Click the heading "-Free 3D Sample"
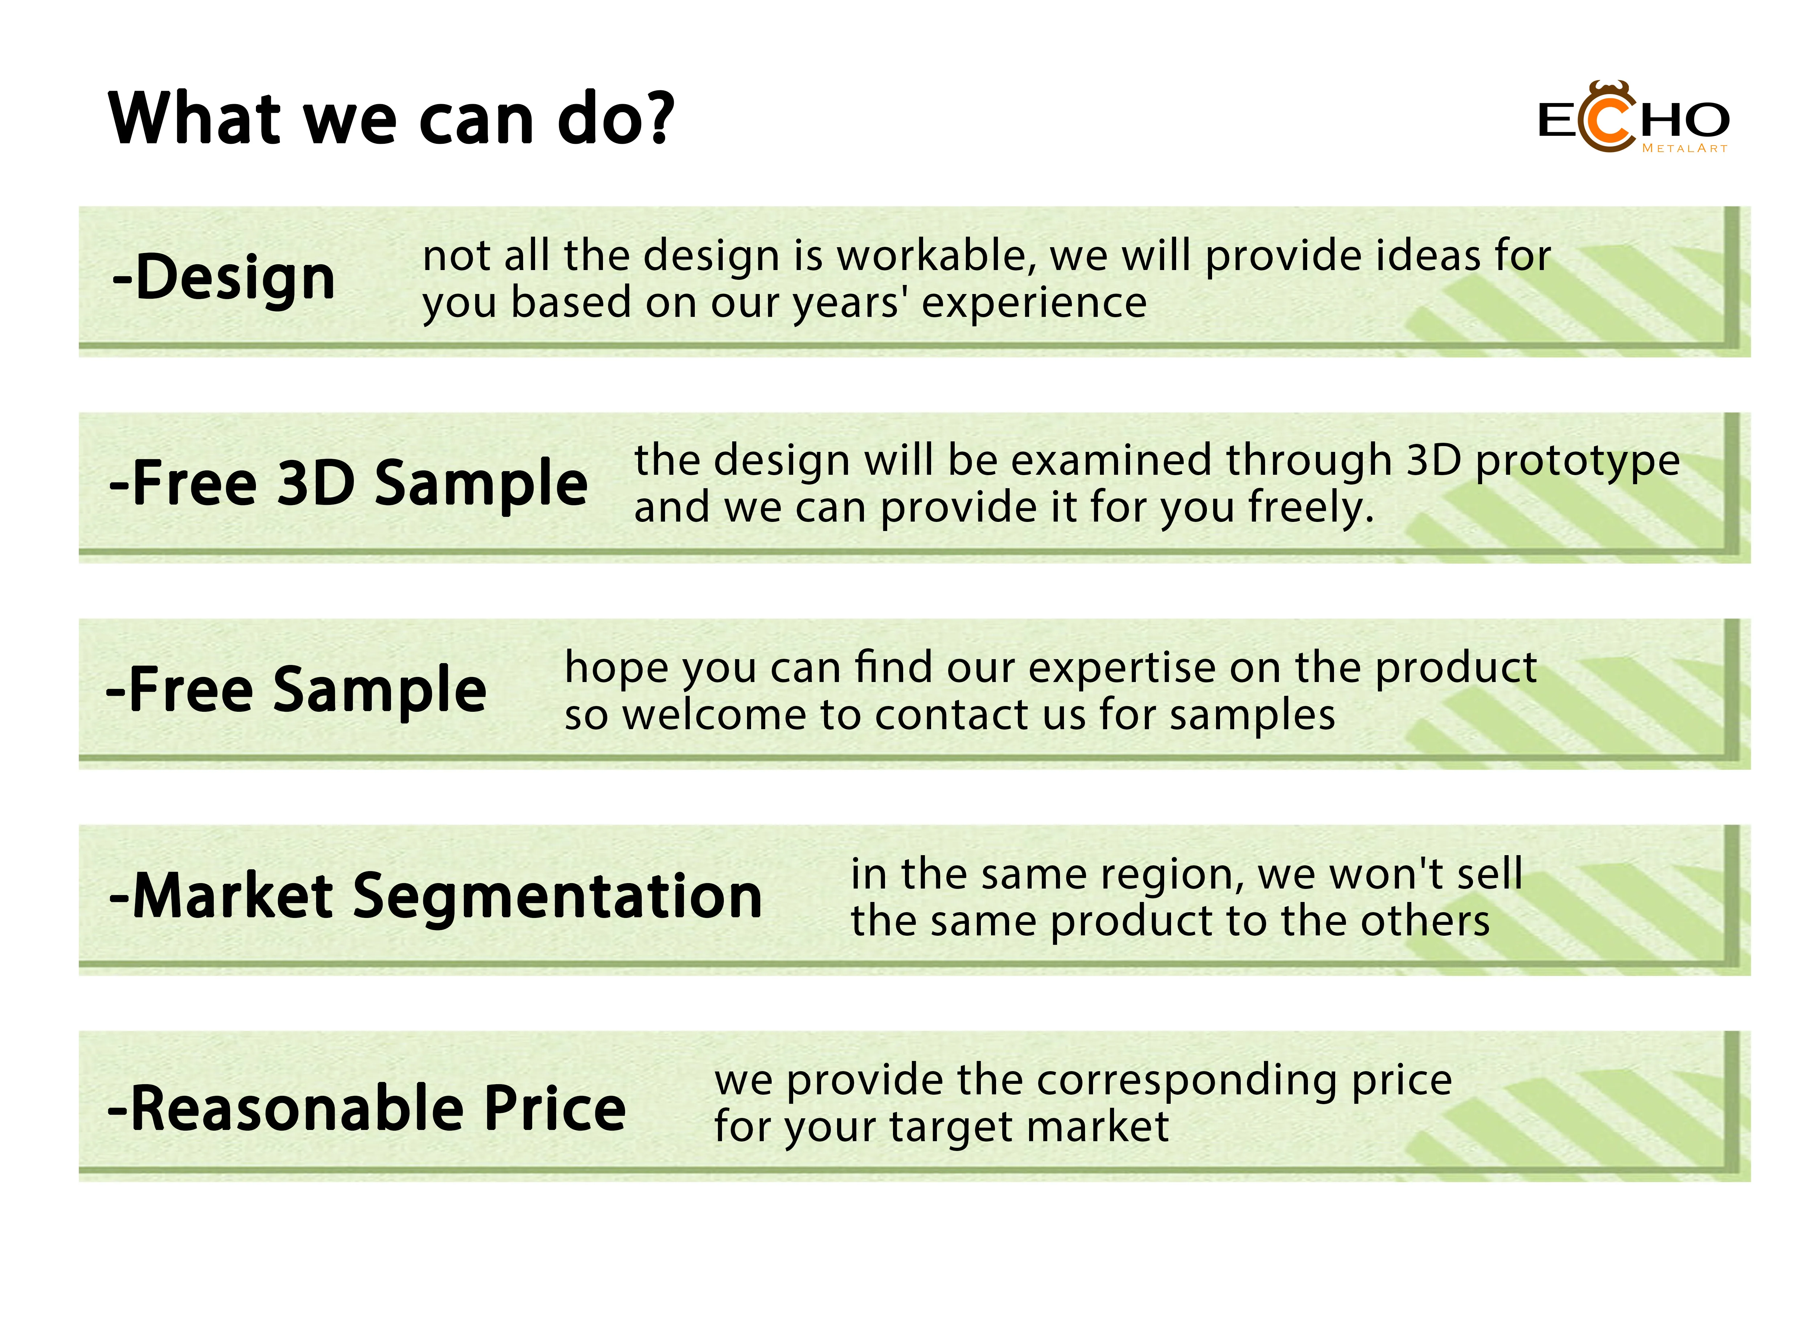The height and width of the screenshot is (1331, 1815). [x=348, y=483]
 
